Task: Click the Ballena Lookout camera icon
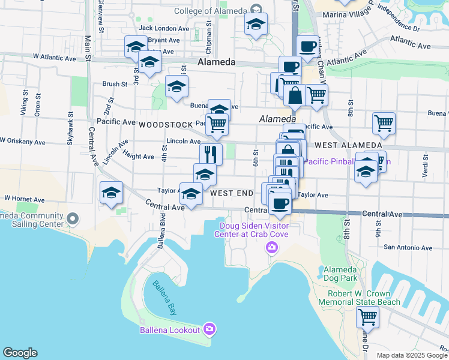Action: point(209,329)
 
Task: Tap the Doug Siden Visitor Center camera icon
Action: point(272,247)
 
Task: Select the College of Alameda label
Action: point(210,11)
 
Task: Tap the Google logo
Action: point(20,353)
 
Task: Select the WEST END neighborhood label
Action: point(232,194)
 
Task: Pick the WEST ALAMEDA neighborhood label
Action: point(348,145)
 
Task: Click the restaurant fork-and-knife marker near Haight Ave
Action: point(211,154)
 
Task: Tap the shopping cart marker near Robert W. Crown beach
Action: point(367,316)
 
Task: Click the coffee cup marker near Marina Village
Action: point(308,45)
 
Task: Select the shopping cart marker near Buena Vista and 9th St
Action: point(384,123)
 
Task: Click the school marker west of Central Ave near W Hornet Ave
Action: point(111,193)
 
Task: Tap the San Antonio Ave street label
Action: point(408,247)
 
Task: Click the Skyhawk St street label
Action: point(70,129)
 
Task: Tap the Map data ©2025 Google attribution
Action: point(411,355)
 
